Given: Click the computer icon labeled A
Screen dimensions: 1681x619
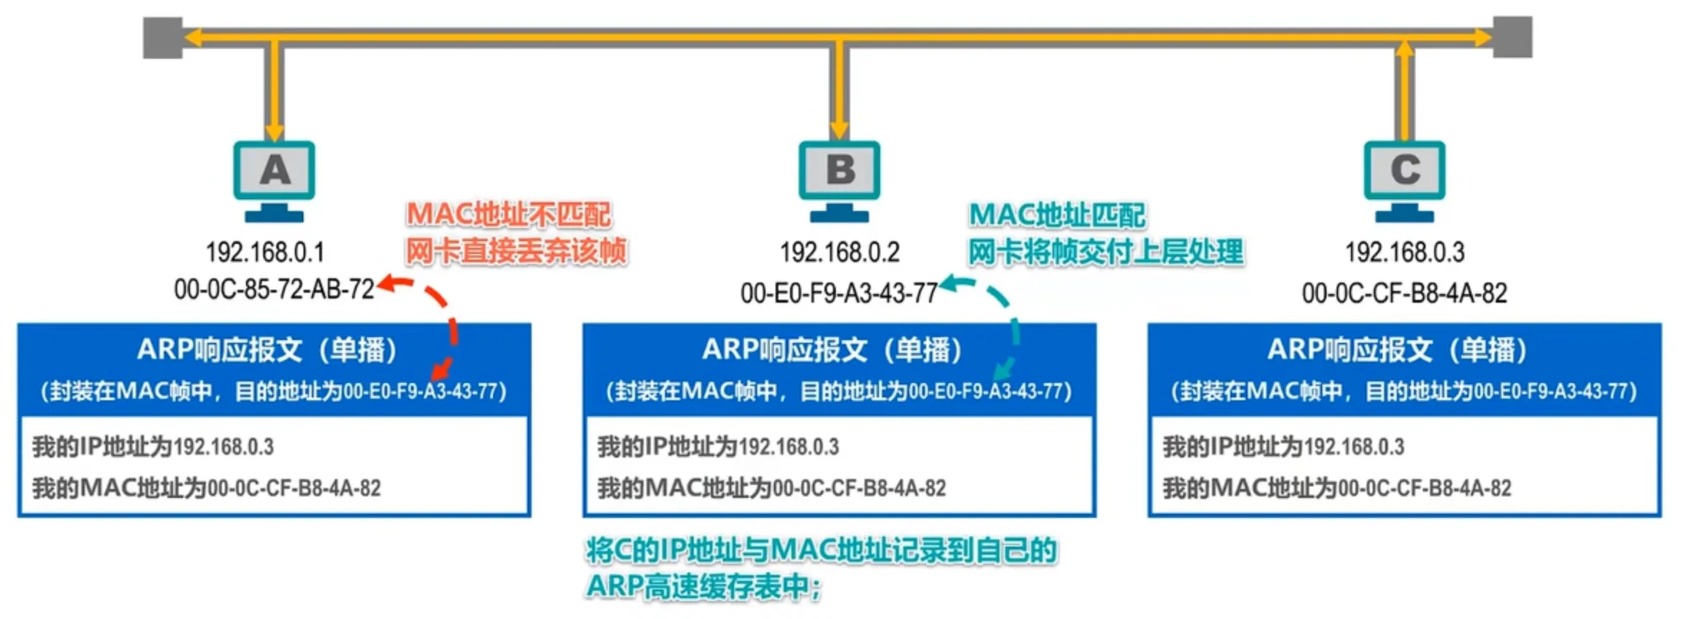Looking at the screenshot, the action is (274, 181).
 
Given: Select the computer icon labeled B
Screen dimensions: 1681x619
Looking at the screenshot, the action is (839, 181).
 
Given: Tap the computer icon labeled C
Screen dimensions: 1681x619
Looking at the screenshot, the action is (1404, 181).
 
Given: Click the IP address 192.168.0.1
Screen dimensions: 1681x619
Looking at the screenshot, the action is (265, 252).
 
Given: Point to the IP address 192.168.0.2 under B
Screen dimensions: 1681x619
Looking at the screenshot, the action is (839, 252).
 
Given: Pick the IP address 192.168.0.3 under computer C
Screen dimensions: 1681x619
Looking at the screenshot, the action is (1405, 252).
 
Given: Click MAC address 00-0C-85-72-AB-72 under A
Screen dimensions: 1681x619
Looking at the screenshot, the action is (274, 289).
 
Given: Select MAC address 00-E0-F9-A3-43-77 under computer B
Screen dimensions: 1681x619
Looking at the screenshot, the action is (839, 293).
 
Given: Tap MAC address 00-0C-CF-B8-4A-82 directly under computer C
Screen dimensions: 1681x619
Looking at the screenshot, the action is (1405, 293).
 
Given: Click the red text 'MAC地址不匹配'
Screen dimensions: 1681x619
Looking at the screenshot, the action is (509, 214).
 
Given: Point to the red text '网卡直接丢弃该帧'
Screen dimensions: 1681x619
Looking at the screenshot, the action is (516, 251).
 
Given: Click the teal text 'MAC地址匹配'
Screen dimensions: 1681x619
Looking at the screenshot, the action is (1058, 214).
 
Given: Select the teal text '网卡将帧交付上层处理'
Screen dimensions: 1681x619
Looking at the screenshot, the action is (1106, 251).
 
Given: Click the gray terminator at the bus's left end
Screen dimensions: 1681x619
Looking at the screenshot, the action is (163, 37).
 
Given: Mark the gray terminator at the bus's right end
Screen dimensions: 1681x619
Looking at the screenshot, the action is (1512, 37).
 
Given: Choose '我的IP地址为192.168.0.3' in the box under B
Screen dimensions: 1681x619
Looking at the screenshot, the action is (718, 447).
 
